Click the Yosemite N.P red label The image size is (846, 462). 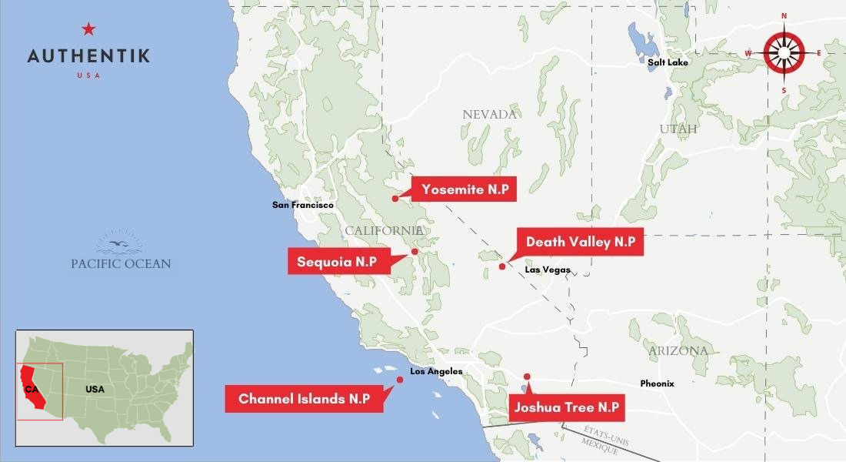click(464, 189)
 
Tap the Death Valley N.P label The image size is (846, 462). click(580, 242)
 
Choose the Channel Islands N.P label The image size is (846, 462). click(304, 399)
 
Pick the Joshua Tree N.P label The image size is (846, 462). click(567, 407)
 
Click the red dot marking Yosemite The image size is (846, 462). click(395, 199)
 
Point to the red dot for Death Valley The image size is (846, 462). click(502, 266)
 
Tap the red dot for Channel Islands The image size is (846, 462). click(400, 380)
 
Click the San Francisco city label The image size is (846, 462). click(303, 206)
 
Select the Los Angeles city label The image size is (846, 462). click(436, 372)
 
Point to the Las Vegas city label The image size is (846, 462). click(548, 269)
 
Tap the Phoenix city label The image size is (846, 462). click(657, 383)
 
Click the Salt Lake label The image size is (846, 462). click(668, 62)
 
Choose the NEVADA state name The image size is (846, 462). click(489, 115)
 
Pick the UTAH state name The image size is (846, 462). click(678, 129)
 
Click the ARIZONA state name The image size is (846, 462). click(677, 351)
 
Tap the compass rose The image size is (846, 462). click(784, 53)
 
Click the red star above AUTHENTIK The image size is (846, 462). click(88, 29)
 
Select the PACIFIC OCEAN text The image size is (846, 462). click(121, 263)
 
